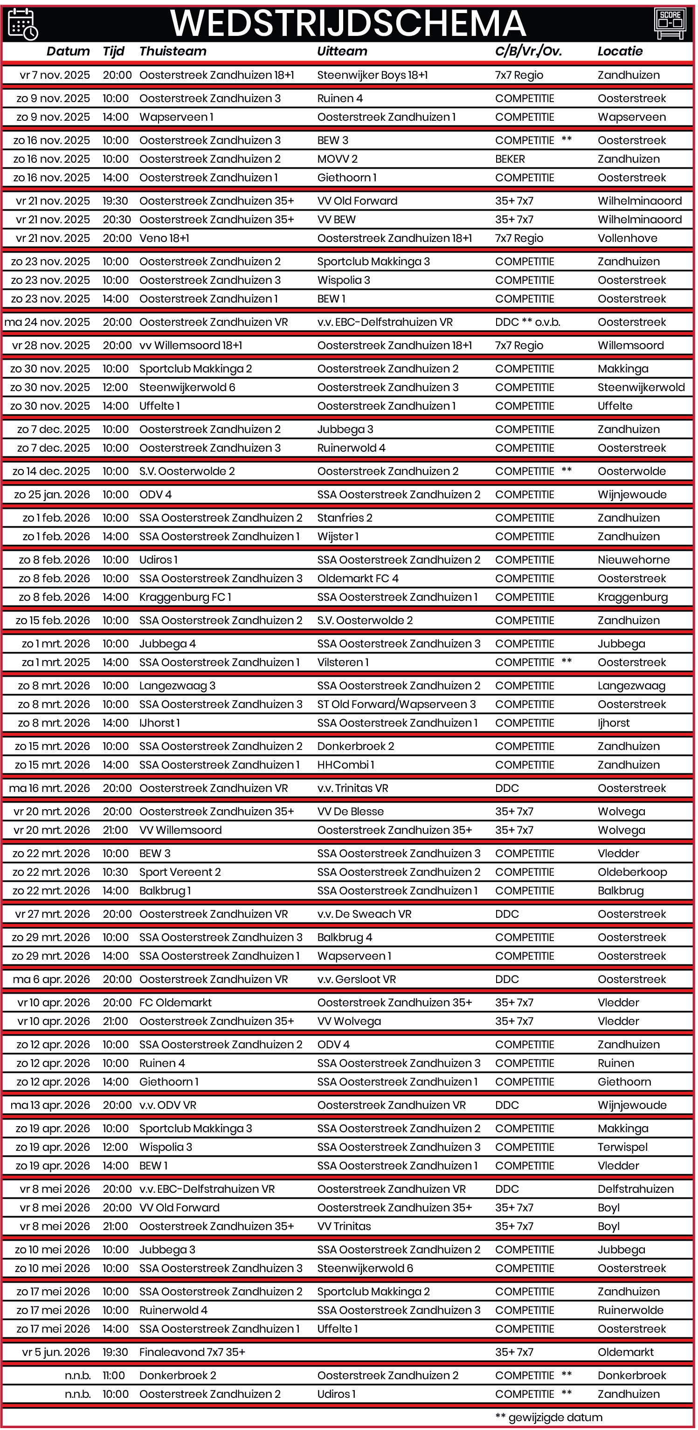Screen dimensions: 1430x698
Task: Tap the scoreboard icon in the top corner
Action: tap(670, 23)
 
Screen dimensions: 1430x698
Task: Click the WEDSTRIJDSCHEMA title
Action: tap(348, 23)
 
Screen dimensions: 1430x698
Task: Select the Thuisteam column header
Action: tap(173, 52)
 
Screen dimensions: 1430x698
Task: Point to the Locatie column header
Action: tap(620, 52)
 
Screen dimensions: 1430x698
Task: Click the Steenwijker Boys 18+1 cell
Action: tap(372, 76)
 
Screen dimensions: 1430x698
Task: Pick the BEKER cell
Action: tap(510, 159)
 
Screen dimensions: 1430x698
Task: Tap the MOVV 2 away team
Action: tap(337, 159)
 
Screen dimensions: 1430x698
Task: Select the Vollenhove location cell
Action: tap(627, 239)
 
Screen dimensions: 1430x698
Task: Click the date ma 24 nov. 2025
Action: tap(47, 323)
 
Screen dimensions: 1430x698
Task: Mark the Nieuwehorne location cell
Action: tap(633, 560)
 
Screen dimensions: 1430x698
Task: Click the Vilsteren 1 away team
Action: tap(343, 663)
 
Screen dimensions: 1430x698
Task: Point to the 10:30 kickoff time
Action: tap(116, 873)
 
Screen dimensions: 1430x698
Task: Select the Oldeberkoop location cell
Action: tap(632, 873)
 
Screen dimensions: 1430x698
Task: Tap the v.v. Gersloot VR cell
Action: tap(357, 980)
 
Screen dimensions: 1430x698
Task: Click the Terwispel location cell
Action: tap(622, 1148)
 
